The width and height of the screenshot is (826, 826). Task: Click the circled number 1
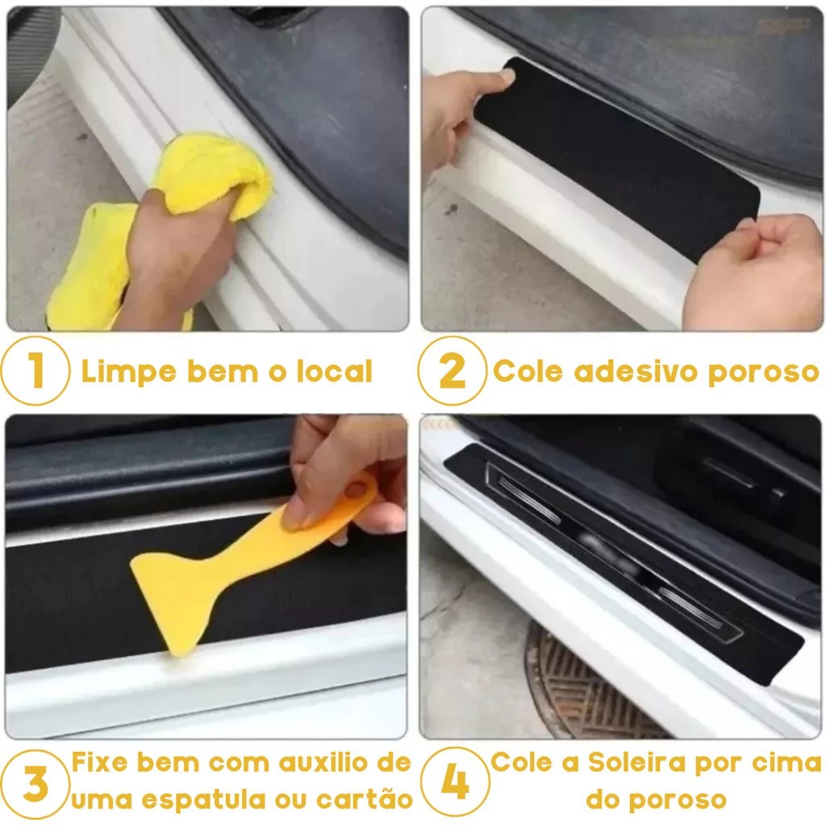[35, 370]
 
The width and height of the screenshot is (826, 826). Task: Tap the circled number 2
[452, 370]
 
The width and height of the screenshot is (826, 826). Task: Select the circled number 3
[35, 784]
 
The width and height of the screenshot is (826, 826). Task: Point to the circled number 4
[455, 781]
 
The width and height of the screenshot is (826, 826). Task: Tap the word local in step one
[334, 371]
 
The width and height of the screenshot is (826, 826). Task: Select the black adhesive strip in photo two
[616, 158]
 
